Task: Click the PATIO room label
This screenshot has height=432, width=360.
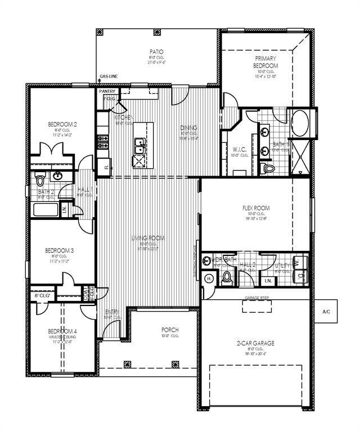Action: point(156,51)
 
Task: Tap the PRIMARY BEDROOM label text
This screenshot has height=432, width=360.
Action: point(267,62)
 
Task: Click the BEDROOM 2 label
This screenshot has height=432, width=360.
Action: point(62,124)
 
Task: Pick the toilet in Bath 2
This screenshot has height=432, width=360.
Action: point(39,180)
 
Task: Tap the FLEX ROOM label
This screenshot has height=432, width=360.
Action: point(255,208)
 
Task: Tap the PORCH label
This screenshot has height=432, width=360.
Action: point(169,330)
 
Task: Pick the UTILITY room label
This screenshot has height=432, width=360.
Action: point(282,265)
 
